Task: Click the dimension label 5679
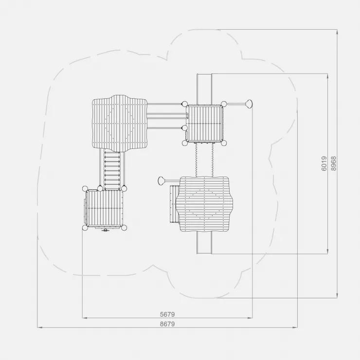pyautogui.click(x=167, y=314)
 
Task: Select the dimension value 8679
pyautogui.click(x=167, y=324)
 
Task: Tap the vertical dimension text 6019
pyautogui.click(x=324, y=163)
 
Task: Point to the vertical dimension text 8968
pyautogui.click(x=334, y=163)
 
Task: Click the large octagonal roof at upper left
pyautogui.click(x=119, y=124)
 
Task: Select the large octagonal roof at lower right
pyautogui.click(x=204, y=204)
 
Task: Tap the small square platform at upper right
pyautogui.click(x=204, y=124)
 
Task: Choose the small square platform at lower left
pyautogui.click(x=105, y=208)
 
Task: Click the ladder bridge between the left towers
pyautogui.click(x=112, y=170)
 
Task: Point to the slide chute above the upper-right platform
pyautogui.click(x=204, y=89)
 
